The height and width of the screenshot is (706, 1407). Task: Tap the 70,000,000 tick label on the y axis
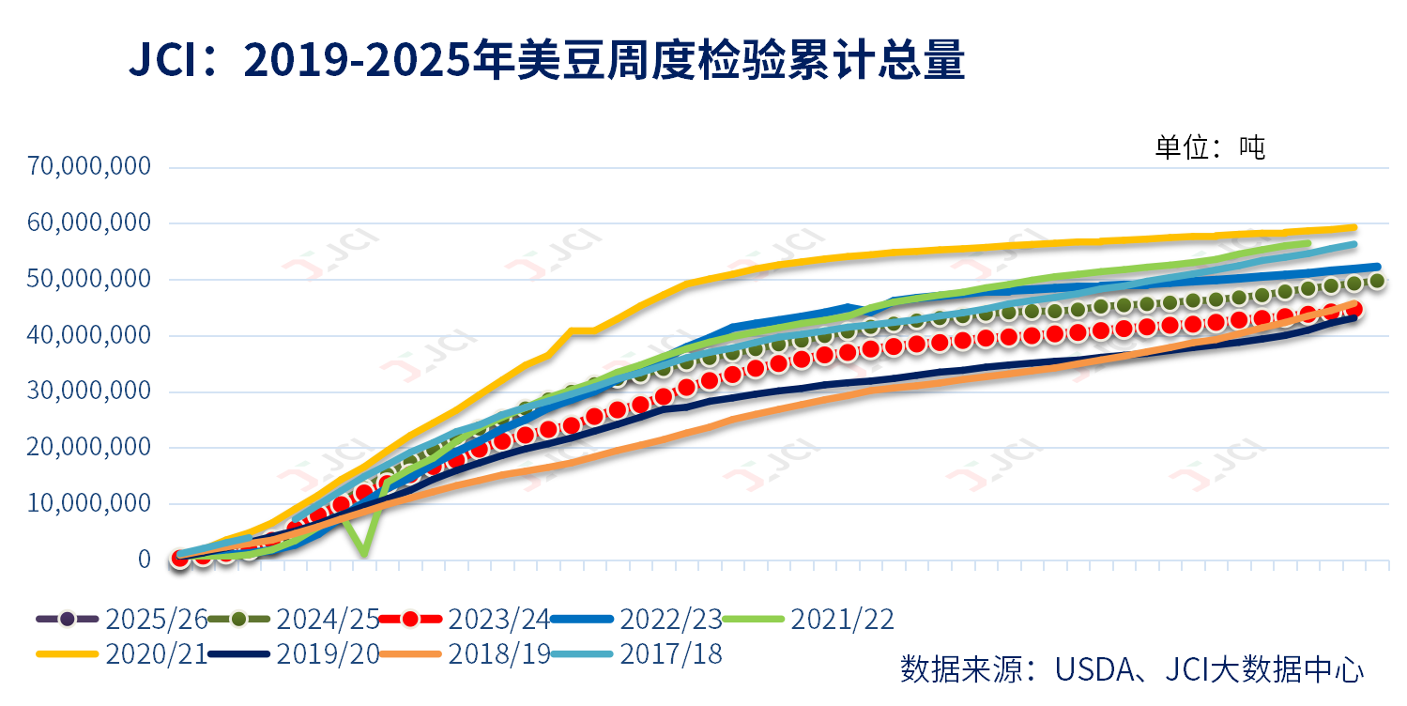(x=90, y=167)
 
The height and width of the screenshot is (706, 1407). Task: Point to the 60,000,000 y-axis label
(x=90, y=223)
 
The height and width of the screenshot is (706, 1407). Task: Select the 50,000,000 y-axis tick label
(x=90, y=279)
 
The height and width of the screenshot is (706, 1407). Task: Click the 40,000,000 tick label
(x=90, y=335)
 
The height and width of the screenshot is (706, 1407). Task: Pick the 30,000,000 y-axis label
(x=90, y=391)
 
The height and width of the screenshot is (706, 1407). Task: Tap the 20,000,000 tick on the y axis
(x=90, y=447)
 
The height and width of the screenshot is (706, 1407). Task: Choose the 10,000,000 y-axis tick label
(x=90, y=503)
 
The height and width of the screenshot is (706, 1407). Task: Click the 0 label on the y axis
(x=144, y=560)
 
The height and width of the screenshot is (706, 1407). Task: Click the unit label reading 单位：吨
(x=1210, y=147)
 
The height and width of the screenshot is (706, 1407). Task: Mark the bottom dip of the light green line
(x=363, y=554)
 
